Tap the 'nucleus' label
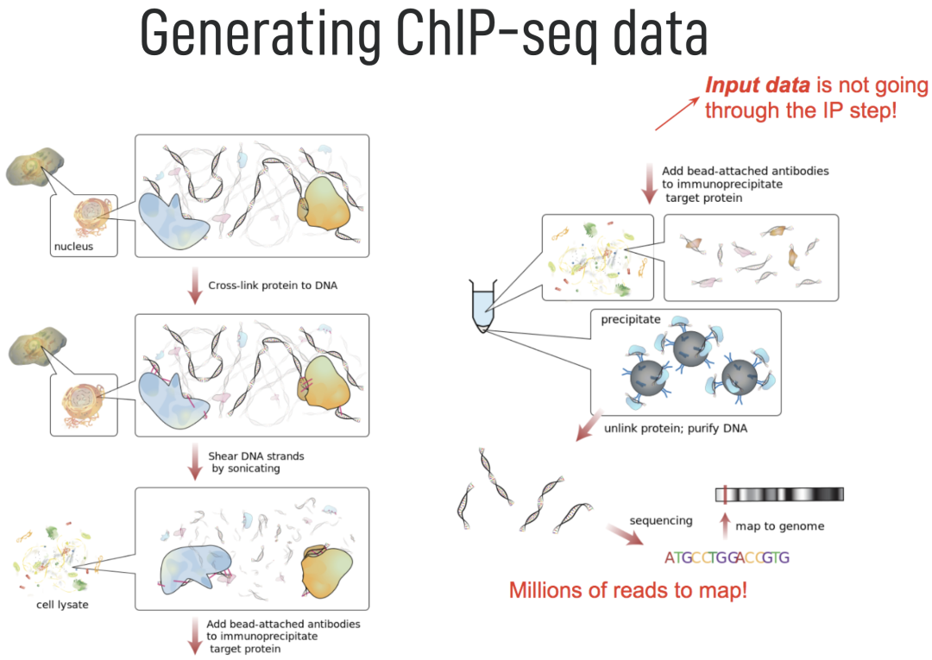pos(72,248)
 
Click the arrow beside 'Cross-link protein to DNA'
pos(194,285)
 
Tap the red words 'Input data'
pos(758,86)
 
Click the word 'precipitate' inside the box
pos(630,320)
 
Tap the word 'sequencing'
pos(661,520)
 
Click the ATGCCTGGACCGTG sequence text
pos(727,557)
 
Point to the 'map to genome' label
pos(779,525)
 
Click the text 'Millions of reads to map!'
pos(627,591)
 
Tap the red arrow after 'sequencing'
pos(626,534)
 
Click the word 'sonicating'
pos(246,469)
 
